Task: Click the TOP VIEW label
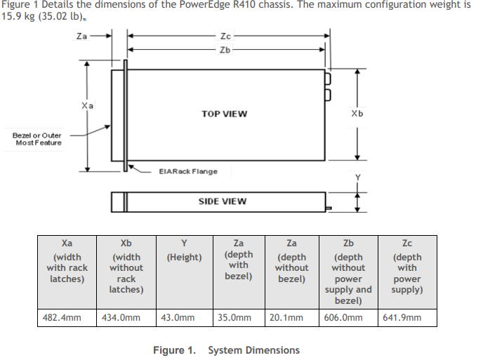(224, 114)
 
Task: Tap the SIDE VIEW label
(223, 201)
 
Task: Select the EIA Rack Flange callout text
(188, 171)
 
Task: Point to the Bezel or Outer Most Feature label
(37, 139)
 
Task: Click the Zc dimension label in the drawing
(225, 36)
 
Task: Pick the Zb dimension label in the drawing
(225, 50)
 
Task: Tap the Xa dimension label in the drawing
(87, 106)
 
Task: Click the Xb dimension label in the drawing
(357, 114)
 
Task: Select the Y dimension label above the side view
(357, 178)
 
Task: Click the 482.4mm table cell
(62, 317)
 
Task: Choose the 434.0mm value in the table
(121, 317)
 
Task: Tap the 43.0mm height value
(178, 317)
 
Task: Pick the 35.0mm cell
(234, 317)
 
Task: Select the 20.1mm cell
(286, 317)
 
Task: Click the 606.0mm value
(343, 317)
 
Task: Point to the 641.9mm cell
(402, 317)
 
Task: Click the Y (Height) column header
(184, 251)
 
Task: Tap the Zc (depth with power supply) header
(407, 267)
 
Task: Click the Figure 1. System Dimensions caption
(226, 350)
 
